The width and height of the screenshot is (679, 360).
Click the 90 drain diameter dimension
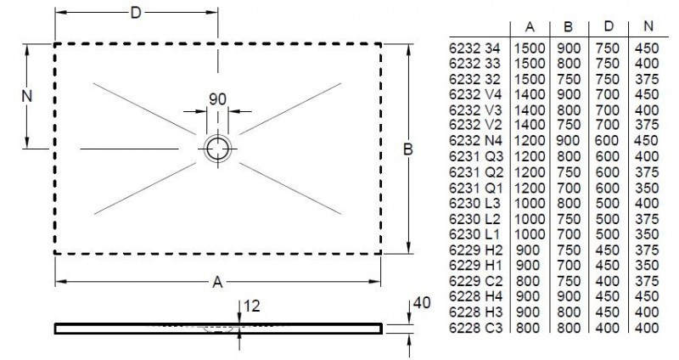217,98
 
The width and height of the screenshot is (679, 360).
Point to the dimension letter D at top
136,12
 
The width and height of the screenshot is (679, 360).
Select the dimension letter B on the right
407,149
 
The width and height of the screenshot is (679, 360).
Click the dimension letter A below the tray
218,282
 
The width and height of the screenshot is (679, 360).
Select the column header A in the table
528,26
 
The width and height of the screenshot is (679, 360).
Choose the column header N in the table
648,26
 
